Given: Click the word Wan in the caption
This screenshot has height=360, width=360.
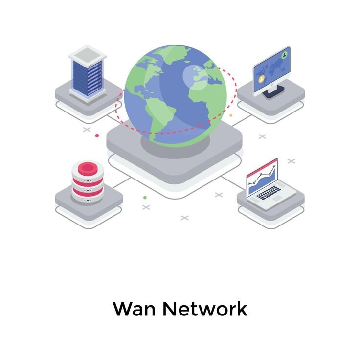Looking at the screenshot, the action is [134, 309].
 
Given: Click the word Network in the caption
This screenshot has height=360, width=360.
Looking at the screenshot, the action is [205, 308].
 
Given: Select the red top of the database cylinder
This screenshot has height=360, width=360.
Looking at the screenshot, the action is [88, 169].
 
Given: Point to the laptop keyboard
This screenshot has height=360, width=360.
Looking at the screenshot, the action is [269, 193].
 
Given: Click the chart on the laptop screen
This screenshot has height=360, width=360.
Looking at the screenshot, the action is [262, 180].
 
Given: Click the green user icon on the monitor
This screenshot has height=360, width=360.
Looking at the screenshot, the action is [285, 55].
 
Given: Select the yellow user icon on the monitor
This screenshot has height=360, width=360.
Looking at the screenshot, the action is [261, 79].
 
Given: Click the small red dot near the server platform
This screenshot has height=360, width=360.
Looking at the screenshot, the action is [97, 135].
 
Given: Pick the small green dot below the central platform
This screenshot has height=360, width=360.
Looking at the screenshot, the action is [145, 198].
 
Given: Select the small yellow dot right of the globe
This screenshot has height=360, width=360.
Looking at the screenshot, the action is [231, 115].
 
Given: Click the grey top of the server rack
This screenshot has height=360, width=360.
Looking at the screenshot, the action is [88, 55].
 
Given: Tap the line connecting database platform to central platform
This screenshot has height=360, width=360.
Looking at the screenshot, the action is [121, 183].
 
